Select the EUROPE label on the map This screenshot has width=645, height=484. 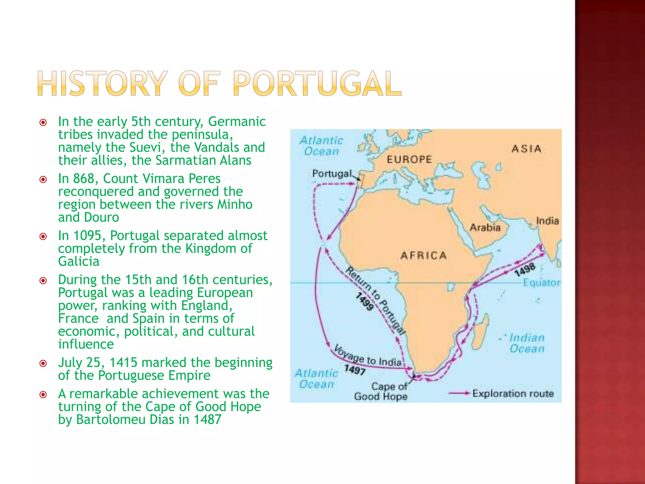409,159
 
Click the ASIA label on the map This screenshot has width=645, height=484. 526,149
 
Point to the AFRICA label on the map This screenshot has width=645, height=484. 423,255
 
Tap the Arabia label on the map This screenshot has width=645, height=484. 485,227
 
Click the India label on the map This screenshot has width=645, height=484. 547,221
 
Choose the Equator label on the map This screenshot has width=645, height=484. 541,283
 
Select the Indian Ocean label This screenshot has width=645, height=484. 527,343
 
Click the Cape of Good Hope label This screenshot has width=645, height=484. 381,391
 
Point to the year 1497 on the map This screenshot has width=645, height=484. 355,370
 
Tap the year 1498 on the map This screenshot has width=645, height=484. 525,269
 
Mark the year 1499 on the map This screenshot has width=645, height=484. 364,301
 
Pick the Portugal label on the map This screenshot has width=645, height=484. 332,174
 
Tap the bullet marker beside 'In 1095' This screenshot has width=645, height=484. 43,236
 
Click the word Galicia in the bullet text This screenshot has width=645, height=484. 79,262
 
